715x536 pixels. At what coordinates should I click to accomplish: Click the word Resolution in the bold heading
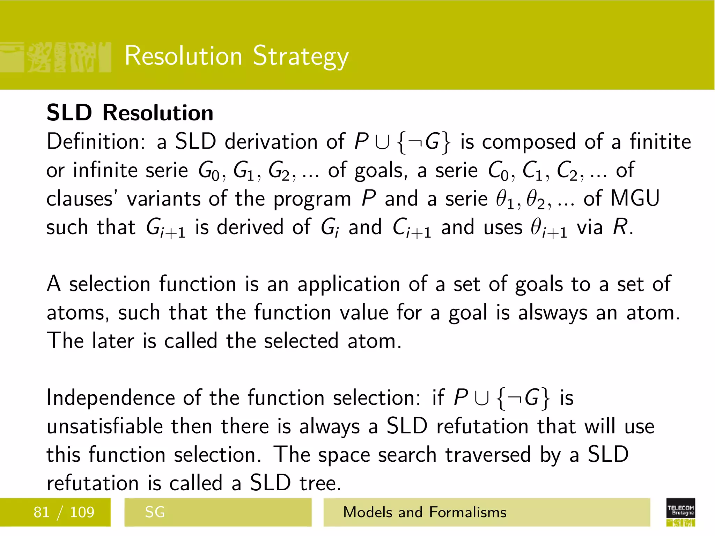point(157,113)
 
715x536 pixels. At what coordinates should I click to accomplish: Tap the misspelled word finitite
point(660,142)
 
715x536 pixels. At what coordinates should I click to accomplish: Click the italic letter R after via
point(620,228)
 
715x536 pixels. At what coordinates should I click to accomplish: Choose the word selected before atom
point(301,341)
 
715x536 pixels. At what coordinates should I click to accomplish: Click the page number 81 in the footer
point(41,512)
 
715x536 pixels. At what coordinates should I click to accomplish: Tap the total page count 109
point(82,512)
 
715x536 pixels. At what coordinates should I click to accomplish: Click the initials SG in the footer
point(155,512)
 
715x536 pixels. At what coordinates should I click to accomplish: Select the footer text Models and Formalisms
point(425,512)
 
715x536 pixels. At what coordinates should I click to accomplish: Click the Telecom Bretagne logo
point(680,512)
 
